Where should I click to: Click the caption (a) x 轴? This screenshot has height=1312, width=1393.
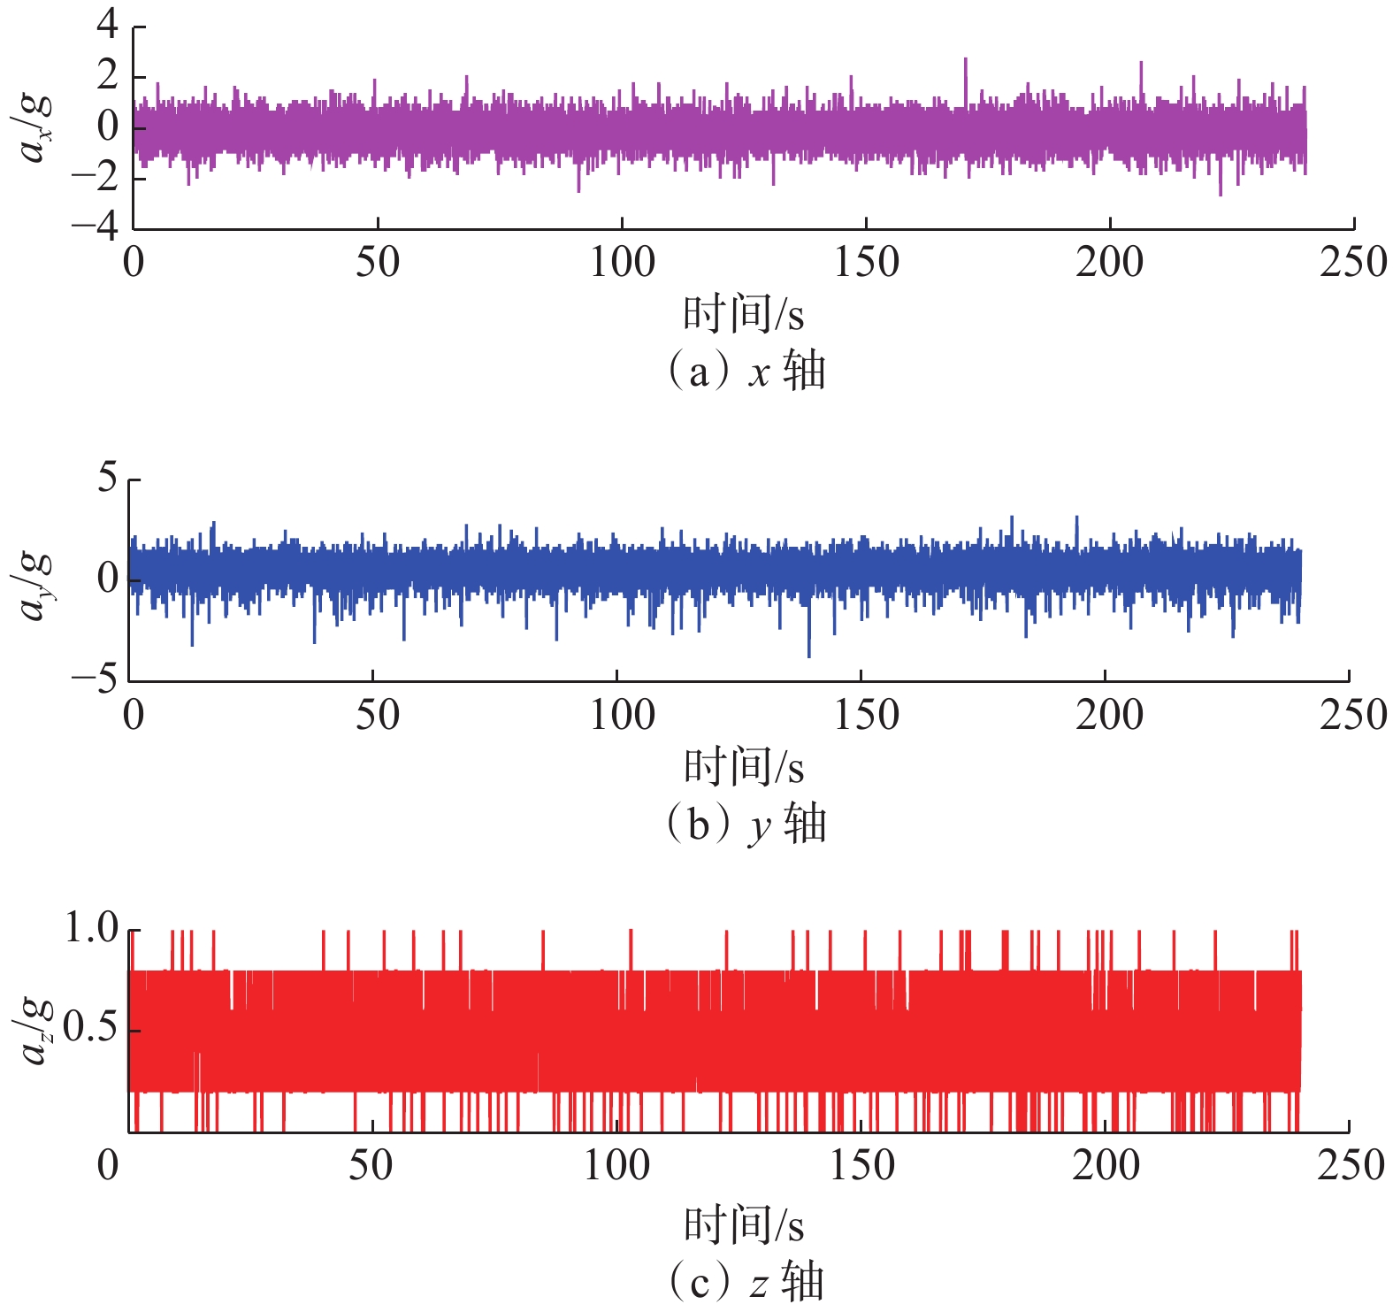(745, 371)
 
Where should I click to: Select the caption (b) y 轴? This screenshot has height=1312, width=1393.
(745, 824)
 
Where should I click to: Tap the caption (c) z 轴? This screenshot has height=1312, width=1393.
(745, 1282)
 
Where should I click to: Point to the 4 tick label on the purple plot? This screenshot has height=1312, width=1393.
(108, 24)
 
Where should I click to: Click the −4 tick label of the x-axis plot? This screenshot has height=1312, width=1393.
(96, 227)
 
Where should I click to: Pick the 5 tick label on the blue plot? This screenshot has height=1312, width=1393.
(107, 478)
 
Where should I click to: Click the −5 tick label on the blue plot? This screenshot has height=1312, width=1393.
(95, 680)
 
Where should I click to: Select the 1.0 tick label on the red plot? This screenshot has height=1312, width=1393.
(92, 928)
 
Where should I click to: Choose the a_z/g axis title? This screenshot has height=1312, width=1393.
(35, 1031)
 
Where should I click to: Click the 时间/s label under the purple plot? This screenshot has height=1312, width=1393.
(743, 314)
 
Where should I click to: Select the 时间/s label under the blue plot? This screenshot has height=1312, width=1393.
(743, 766)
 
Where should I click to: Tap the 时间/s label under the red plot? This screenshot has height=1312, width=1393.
(743, 1225)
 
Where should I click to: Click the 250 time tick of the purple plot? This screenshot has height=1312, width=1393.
(1352, 263)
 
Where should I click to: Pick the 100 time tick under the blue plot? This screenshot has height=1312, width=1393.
(623, 715)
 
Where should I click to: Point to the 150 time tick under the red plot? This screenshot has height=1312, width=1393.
(861, 1166)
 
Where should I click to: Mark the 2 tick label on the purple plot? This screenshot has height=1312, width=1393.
(108, 76)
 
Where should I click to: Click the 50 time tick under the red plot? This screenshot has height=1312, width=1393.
(371, 1166)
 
